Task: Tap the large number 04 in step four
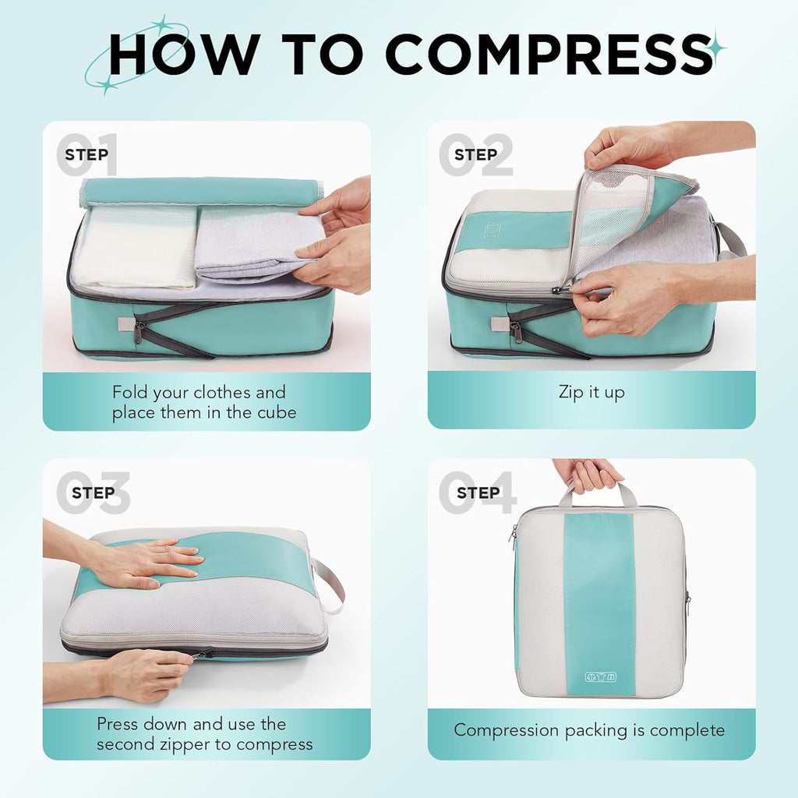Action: (x=477, y=492)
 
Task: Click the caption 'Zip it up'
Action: (x=591, y=392)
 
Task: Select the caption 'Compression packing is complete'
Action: (x=590, y=730)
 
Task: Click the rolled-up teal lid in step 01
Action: (x=201, y=192)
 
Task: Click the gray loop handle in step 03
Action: (x=331, y=584)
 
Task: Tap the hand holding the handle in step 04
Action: (x=588, y=474)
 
